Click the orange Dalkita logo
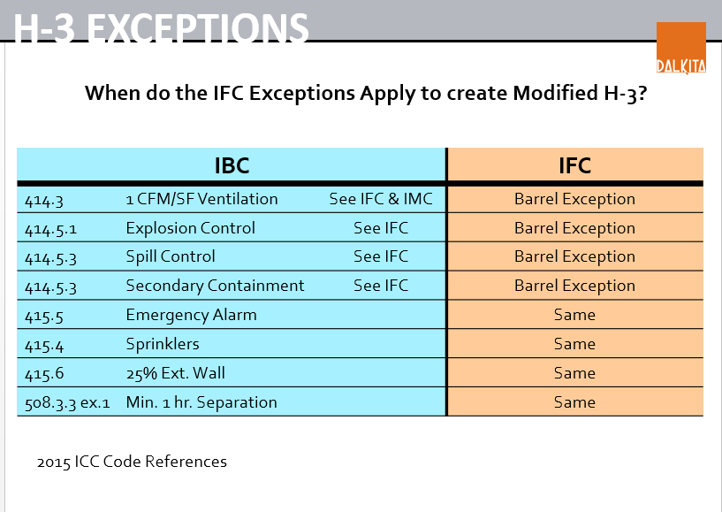point(681,48)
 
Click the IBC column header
point(232,165)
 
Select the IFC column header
point(574,165)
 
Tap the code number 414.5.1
point(50,229)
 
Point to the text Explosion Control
point(190,228)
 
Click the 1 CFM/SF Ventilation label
point(201,199)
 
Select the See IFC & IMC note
point(381,199)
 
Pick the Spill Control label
point(171,256)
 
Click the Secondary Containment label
point(215,286)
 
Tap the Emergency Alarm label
point(191,315)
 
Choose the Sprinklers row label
point(163,344)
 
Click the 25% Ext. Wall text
point(176,373)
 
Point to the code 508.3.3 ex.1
point(67,403)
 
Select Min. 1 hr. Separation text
point(201,402)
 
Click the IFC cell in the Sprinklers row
point(574,344)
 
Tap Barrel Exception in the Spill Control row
point(574,256)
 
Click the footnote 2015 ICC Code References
point(132,462)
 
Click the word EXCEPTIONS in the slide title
point(198,28)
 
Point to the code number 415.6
point(44,374)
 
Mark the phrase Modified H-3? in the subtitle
point(581,93)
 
